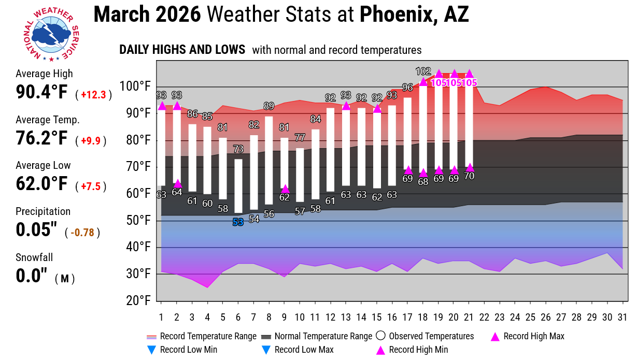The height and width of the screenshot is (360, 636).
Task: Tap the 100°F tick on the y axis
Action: coord(137,86)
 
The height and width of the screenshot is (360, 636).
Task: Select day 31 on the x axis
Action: coord(622,317)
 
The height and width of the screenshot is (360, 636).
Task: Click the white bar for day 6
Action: coord(238,185)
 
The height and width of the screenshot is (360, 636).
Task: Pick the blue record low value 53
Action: coord(238,223)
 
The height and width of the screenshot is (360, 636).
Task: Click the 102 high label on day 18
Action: coord(423,71)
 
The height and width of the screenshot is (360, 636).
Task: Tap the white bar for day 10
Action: coord(300,175)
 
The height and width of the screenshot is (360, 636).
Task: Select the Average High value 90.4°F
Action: coord(41,92)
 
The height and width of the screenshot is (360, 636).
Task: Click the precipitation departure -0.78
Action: coord(84,233)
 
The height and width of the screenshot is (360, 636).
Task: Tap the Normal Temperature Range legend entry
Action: coord(317,337)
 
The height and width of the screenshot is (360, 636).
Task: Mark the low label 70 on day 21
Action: coord(470,176)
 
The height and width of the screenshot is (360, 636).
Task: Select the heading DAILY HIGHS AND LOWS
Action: coord(182,50)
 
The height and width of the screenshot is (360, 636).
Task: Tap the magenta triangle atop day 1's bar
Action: coord(162,106)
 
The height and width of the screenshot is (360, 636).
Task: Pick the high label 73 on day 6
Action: coord(238,149)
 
